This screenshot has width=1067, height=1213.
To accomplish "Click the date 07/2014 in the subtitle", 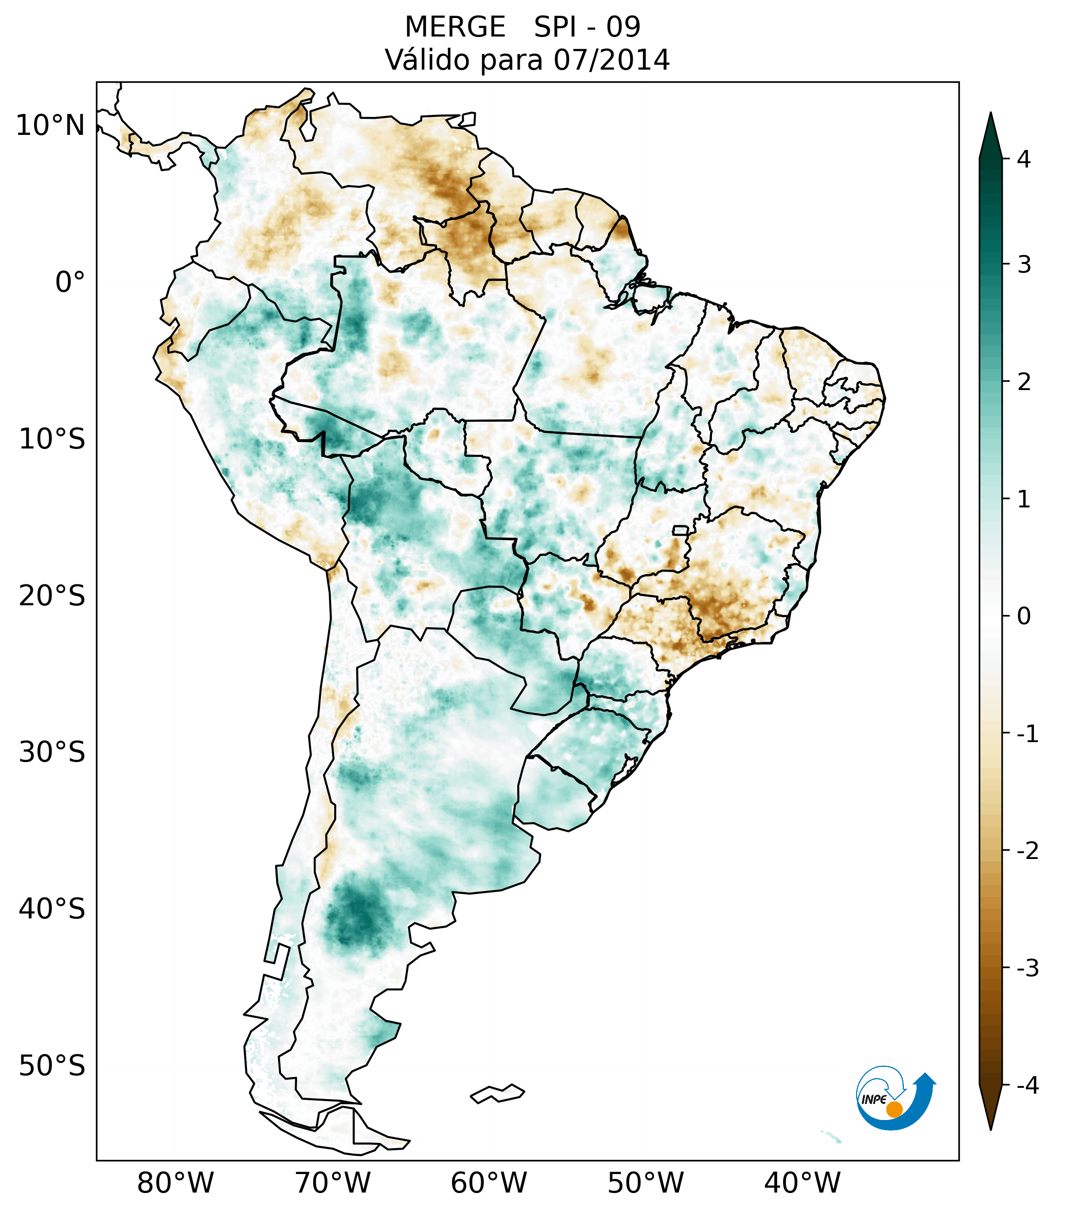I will tap(611, 60).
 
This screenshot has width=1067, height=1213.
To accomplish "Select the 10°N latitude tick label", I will tap(51, 126).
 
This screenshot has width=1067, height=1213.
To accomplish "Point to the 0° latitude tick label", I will tap(70, 282).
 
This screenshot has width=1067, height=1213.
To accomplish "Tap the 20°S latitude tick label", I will tap(52, 596).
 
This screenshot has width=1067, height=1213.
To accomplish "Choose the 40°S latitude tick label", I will tap(52, 909).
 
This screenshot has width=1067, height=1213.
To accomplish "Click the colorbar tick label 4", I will tap(1024, 159).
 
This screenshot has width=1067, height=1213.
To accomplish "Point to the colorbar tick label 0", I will tap(1024, 616).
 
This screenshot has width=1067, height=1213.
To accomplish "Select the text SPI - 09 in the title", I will tap(587, 27).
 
